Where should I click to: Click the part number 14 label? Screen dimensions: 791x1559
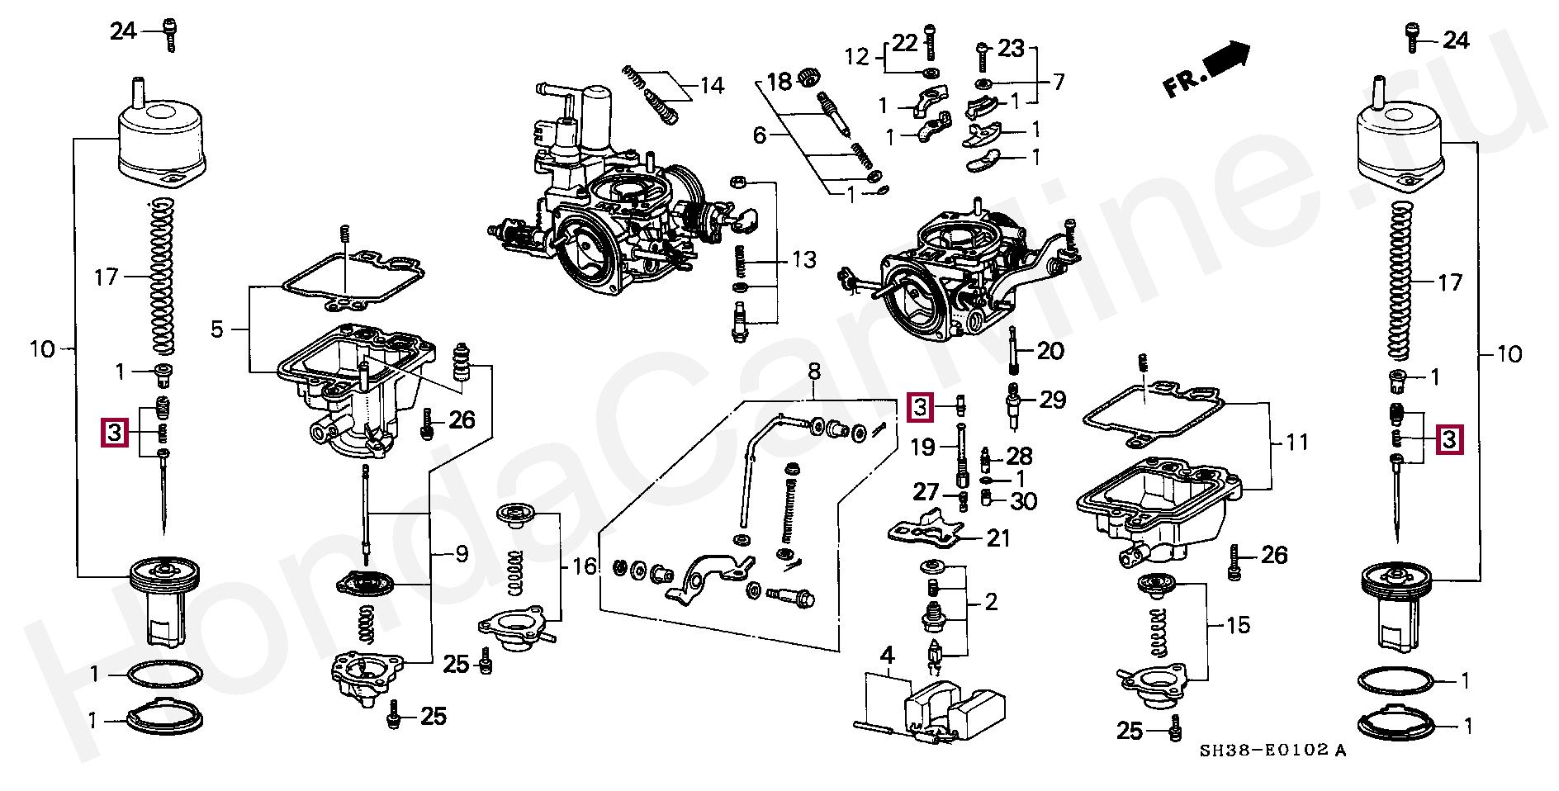click(712, 86)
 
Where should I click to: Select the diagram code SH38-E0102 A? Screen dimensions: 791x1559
click(1272, 750)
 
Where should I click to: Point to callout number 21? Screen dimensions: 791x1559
click(998, 538)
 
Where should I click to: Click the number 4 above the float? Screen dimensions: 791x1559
click(887, 656)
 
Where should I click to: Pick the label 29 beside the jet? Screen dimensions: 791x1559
click(1052, 400)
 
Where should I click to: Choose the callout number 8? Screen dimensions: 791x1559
click(814, 372)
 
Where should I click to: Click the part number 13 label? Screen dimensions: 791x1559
click(803, 260)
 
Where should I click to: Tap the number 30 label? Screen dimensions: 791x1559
click(1024, 501)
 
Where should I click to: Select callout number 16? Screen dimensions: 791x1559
click(585, 566)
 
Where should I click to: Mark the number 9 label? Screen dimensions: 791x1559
click(462, 554)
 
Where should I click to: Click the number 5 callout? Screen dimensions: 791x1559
click(217, 329)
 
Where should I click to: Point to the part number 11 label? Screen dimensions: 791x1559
click(1297, 443)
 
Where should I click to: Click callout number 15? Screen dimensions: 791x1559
click(1238, 625)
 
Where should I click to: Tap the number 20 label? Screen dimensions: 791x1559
click(1050, 351)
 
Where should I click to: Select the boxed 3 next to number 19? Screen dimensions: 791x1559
click(920, 406)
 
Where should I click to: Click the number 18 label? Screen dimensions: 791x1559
click(779, 81)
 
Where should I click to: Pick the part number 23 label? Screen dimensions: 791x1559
click(1011, 49)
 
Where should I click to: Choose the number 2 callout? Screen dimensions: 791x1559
click(991, 602)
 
